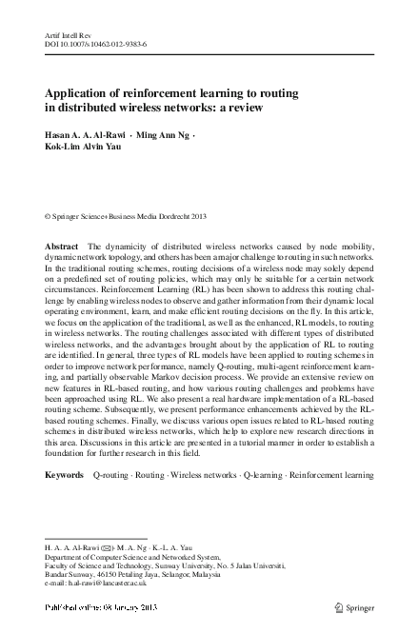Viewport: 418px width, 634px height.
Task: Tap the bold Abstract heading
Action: [62, 247]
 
